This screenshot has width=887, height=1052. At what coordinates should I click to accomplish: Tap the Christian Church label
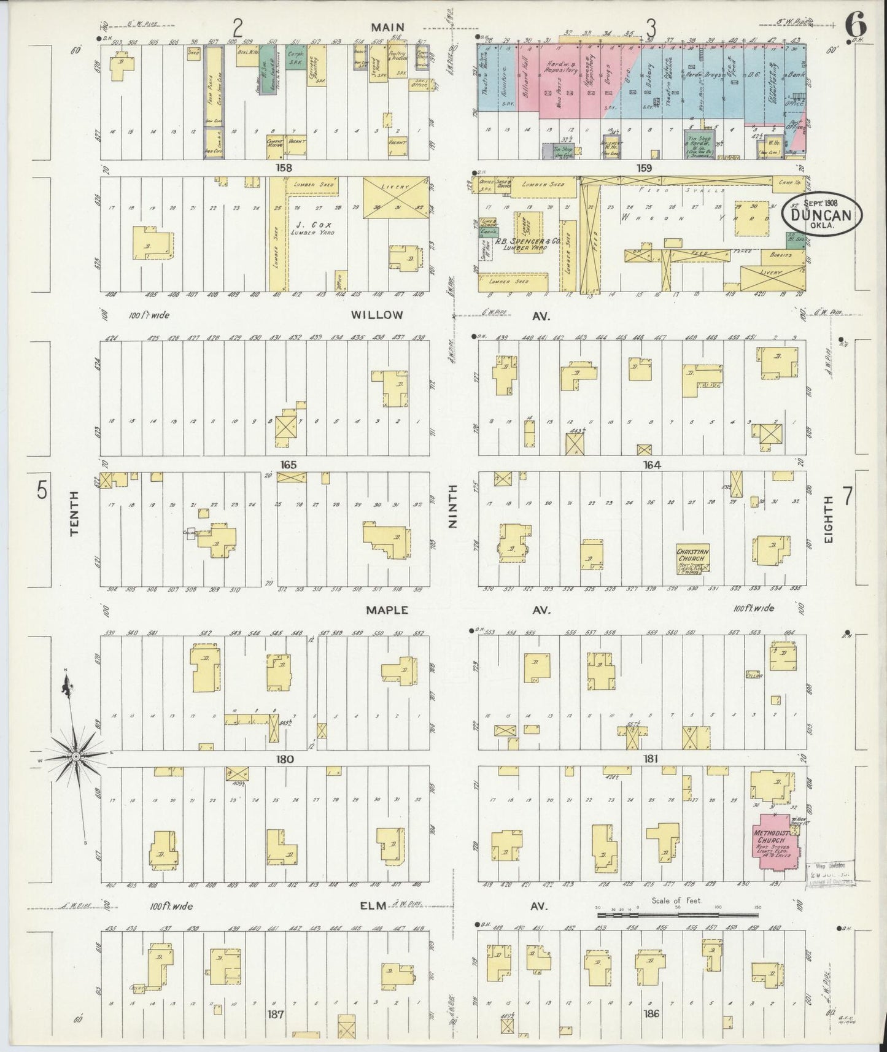pyautogui.click(x=692, y=555)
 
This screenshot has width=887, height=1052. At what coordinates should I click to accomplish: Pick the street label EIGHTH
pyautogui.click(x=829, y=519)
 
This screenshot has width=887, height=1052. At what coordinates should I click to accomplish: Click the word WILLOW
pyautogui.click(x=377, y=315)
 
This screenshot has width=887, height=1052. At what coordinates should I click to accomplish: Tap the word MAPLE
pyautogui.click(x=387, y=610)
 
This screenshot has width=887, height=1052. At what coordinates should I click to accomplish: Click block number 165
pyautogui.click(x=289, y=465)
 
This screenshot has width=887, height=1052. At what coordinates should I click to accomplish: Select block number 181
pyautogui.click(x=651, y=759)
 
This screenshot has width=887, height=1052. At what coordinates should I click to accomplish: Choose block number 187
pyautogui.click(x=275, y=1014)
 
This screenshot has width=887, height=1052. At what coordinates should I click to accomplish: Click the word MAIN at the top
pyautogui.click(x=387, y=26)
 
